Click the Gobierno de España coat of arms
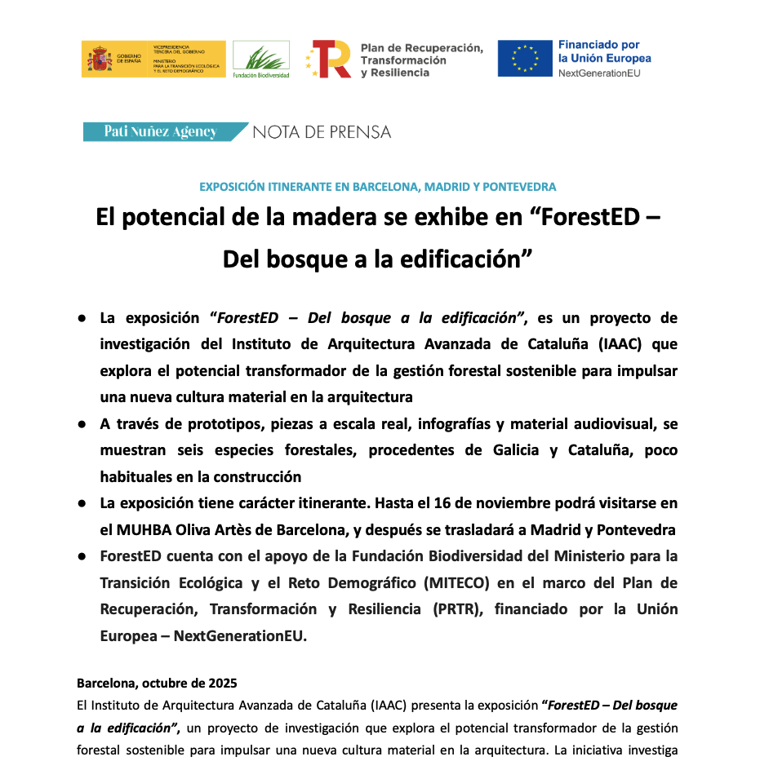click(100, 60)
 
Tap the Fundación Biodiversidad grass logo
click(261, 56)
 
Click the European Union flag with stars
click(525, 59)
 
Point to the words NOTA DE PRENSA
click(322, 131)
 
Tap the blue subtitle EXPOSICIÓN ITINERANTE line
click(378, 187)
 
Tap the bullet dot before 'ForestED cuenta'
click(82, 556)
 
